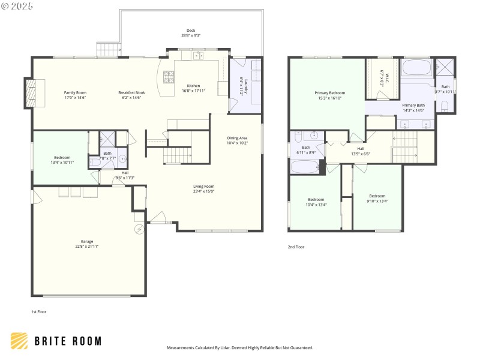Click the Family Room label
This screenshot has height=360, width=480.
(x=75, y=92)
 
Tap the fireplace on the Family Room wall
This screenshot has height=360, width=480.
(x=31, y=93)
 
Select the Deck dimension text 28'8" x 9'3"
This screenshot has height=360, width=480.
(x=191, y=35)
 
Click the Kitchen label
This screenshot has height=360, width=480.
(x=193, y=86)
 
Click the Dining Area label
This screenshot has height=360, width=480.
(x=238, y=137)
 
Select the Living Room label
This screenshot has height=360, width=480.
(x=203, y=186)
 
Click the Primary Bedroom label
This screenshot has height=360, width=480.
(x=330, y=93)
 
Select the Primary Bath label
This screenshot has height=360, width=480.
(x=413, y=105)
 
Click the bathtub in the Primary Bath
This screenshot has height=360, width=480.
(x=415, y=67)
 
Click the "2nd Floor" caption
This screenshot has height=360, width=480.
(x=296, y=247)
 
